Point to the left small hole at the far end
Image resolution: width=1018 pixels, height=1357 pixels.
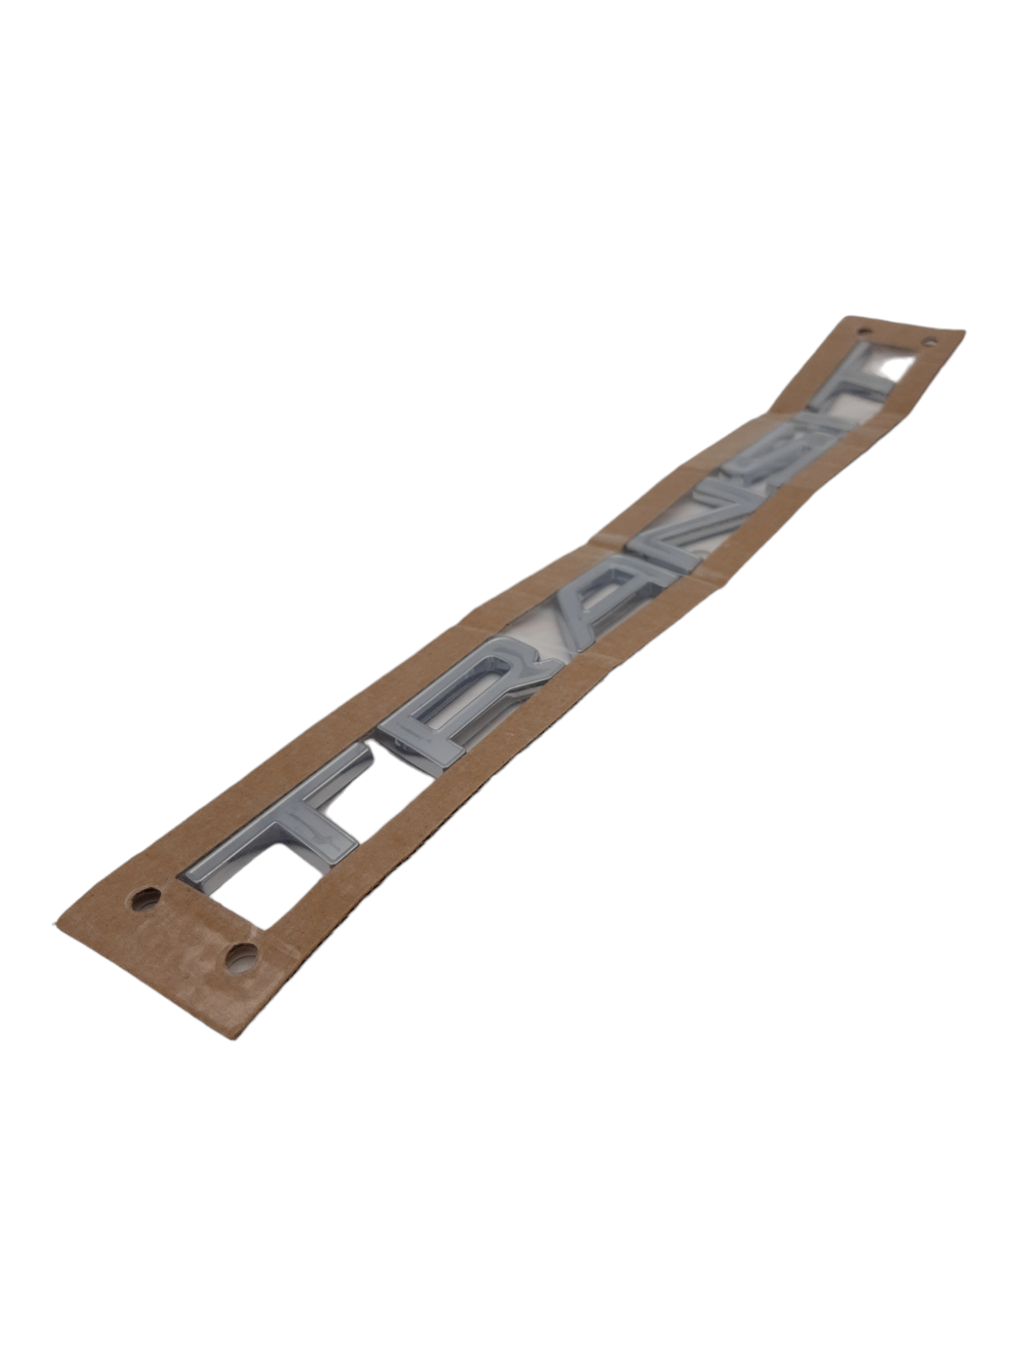click(864, 331)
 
